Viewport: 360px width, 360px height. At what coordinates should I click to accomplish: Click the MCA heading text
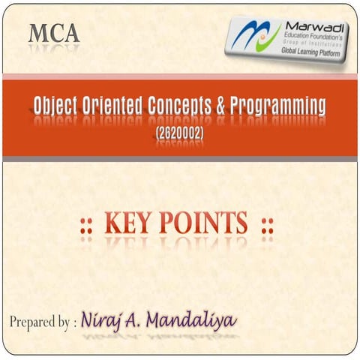click(x=53, y=34)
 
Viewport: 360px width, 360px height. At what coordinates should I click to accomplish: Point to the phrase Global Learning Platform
click(x=309, y=54)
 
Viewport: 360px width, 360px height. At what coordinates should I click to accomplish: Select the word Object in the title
click(x=57, y=107)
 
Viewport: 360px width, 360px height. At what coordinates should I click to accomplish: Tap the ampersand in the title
click(x=220, y=107)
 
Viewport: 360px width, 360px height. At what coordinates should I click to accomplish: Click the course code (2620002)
click(x=180, y=133)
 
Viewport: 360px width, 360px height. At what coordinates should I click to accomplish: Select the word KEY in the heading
click(x=132, y=223)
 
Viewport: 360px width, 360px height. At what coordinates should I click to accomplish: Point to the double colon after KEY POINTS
click(x=266, y=224)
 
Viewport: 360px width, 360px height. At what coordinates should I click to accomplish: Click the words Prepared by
click(x=38, y=322)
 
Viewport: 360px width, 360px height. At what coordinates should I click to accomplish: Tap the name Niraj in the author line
click(x=108, y=321)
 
